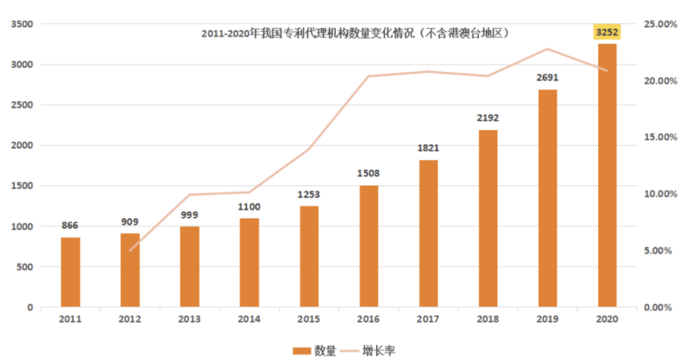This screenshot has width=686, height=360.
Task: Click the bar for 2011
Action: (71, 272)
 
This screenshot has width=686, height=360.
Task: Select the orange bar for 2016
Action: (368, 246)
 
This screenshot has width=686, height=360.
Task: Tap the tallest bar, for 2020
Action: (607, 175)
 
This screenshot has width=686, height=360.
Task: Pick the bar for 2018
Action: (488, 218)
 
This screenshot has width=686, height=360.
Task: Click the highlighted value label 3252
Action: (607, 32)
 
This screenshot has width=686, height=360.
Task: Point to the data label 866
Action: (71, 225)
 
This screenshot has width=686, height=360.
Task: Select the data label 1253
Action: (309, 194)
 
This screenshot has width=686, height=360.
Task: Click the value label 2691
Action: (548, 78)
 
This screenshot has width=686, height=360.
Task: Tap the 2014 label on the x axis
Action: (250, 319)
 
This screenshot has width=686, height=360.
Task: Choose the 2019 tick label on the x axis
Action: (548, 319)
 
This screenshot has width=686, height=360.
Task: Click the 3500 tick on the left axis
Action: (22, 24)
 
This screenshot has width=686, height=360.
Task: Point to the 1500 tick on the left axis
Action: (22, 186)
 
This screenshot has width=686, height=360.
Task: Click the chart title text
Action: (356, 33)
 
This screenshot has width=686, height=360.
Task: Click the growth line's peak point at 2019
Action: (548, 49)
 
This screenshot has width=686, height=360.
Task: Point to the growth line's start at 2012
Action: (130, 251)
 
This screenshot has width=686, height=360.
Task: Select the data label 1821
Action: (428, 148)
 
